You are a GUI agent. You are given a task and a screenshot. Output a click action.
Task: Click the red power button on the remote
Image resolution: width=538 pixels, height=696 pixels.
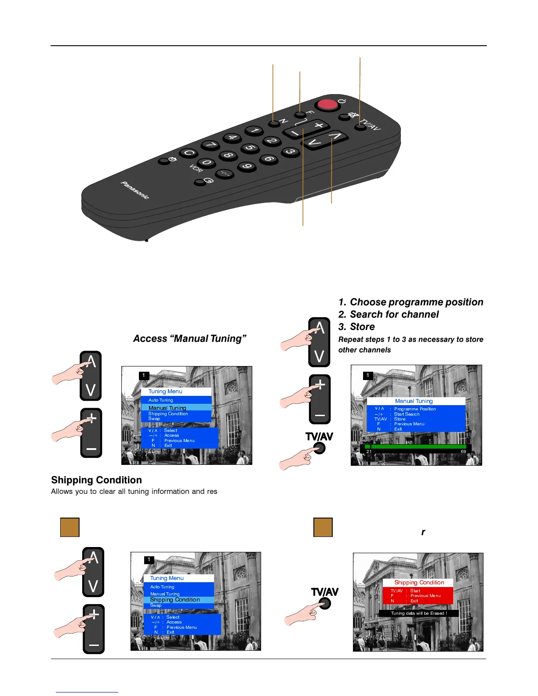[x=327, y=105]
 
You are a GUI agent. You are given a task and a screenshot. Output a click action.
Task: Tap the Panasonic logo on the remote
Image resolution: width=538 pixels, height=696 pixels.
[x=135, y=190]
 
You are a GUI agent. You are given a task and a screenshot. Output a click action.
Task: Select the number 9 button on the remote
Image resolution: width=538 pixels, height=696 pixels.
[x=247, y=166]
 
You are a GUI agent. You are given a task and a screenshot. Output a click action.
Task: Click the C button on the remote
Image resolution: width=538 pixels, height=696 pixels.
[x=189, y=153]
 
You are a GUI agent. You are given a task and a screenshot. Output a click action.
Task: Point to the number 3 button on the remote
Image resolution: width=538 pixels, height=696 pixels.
[x=290, y=152]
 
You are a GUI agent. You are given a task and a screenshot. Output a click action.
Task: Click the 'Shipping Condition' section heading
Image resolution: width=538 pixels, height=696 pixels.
[x=96, y=480]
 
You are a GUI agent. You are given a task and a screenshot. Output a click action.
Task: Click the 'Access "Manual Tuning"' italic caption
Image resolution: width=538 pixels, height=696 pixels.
[x=189, y=339]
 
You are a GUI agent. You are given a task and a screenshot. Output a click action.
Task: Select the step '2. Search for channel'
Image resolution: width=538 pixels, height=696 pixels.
[x=388, y=315]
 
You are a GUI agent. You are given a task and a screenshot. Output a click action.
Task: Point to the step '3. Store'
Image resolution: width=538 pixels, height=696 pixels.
[x=356, y=327]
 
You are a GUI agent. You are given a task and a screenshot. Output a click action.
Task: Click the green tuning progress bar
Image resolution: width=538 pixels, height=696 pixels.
[x=415, y=446]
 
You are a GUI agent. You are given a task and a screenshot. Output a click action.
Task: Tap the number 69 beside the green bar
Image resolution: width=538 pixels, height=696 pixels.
[x=463, y=452]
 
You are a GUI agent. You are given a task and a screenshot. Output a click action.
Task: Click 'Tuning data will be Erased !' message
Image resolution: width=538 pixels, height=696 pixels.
[x=418, y=613]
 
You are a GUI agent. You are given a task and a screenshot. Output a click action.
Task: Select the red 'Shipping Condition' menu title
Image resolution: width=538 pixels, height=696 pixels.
[x=419, y=583]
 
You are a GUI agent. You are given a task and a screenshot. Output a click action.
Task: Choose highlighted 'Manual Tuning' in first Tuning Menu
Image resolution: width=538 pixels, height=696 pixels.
[x=167, y=408]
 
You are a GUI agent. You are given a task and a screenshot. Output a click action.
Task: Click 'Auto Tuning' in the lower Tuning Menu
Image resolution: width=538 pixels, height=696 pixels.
[x=162, y=587]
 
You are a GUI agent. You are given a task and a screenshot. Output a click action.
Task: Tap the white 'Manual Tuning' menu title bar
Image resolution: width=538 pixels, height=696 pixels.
[x=414, y=401]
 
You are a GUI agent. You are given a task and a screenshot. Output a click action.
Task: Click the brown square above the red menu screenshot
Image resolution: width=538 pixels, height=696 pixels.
[x=323, y=527]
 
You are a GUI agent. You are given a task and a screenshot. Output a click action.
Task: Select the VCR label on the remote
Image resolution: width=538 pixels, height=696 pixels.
[x=196, y=169]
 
